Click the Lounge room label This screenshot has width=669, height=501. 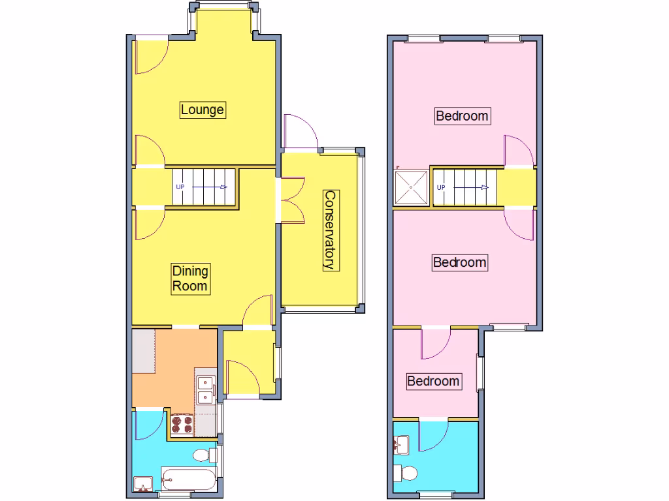point(203,110)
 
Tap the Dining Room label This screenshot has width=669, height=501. point(190,279)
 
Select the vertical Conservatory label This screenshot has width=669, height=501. point(331,230)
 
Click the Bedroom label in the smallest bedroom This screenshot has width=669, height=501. point(433,381)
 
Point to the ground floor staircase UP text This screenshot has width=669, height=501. point(180,187)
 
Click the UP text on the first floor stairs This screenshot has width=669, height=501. point(441,188)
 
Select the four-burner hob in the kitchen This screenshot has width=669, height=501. point(182,425)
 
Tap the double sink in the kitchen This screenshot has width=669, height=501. point(206,390)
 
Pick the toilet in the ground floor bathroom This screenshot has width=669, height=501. point(204,454)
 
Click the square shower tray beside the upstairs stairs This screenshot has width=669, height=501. point(412,188)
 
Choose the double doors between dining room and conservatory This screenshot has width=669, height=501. point(291,200)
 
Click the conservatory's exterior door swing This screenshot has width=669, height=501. point(301,133)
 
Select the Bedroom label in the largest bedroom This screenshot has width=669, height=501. point(463,116)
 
